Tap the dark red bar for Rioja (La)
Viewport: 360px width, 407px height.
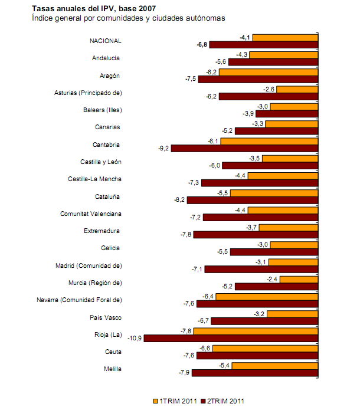tap(231, 339)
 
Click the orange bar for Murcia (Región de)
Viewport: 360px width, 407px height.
tap(299, 279)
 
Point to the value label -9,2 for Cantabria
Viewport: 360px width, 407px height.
tap(162, 148)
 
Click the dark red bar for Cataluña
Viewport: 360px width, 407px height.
tap(253, 200)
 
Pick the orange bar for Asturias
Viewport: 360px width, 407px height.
tap(297, 89)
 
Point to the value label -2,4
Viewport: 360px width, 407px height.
tap(272, 279)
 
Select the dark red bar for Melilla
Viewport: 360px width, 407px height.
tap(255, 373)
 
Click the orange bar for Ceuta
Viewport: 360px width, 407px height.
tap(266, 349)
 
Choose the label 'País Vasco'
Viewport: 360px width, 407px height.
tap(106, 317)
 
